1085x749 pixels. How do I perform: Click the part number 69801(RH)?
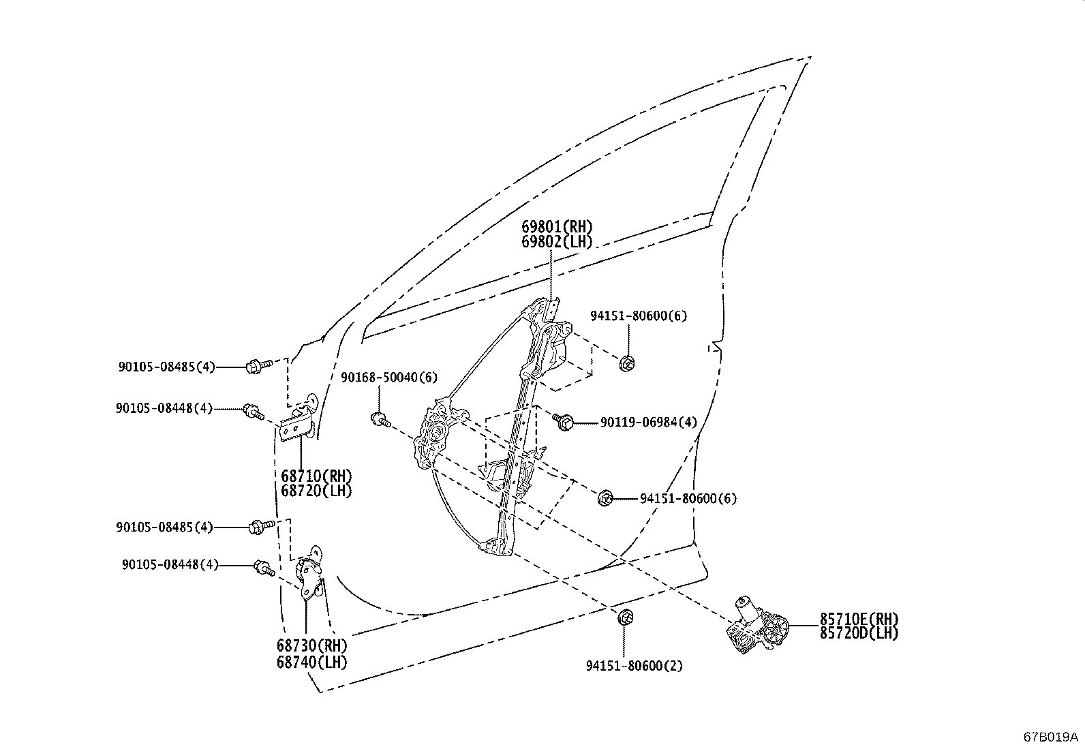(x=557, y=226)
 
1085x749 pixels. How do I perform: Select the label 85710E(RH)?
(x=859, y=619)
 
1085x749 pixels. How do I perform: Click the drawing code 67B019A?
(x=1050, y=737)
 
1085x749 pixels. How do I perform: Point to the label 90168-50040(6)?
(x=388, y=377)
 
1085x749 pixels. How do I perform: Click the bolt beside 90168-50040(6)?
(x=379, y=418)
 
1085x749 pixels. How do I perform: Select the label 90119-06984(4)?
(x=648, y=423)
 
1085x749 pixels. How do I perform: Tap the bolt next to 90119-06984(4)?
(x=563, y=422)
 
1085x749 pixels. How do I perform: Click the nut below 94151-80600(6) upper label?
(x=627, y=363)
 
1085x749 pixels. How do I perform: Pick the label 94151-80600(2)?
(x=634, y=666)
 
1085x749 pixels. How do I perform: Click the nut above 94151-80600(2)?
(x=625, y=618)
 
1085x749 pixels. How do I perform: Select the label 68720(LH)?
(x=316, y=491)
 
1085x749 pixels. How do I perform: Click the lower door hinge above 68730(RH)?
(x=309, y=575)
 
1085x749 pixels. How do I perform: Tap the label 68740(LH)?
(x=311, y=662)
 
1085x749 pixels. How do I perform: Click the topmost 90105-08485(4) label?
(x=166, y=367)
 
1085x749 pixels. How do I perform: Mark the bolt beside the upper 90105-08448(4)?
(x=253, y=411)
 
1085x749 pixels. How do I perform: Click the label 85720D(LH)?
(x=859, y=633)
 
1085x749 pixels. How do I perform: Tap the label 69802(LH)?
(x=557, y=241)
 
